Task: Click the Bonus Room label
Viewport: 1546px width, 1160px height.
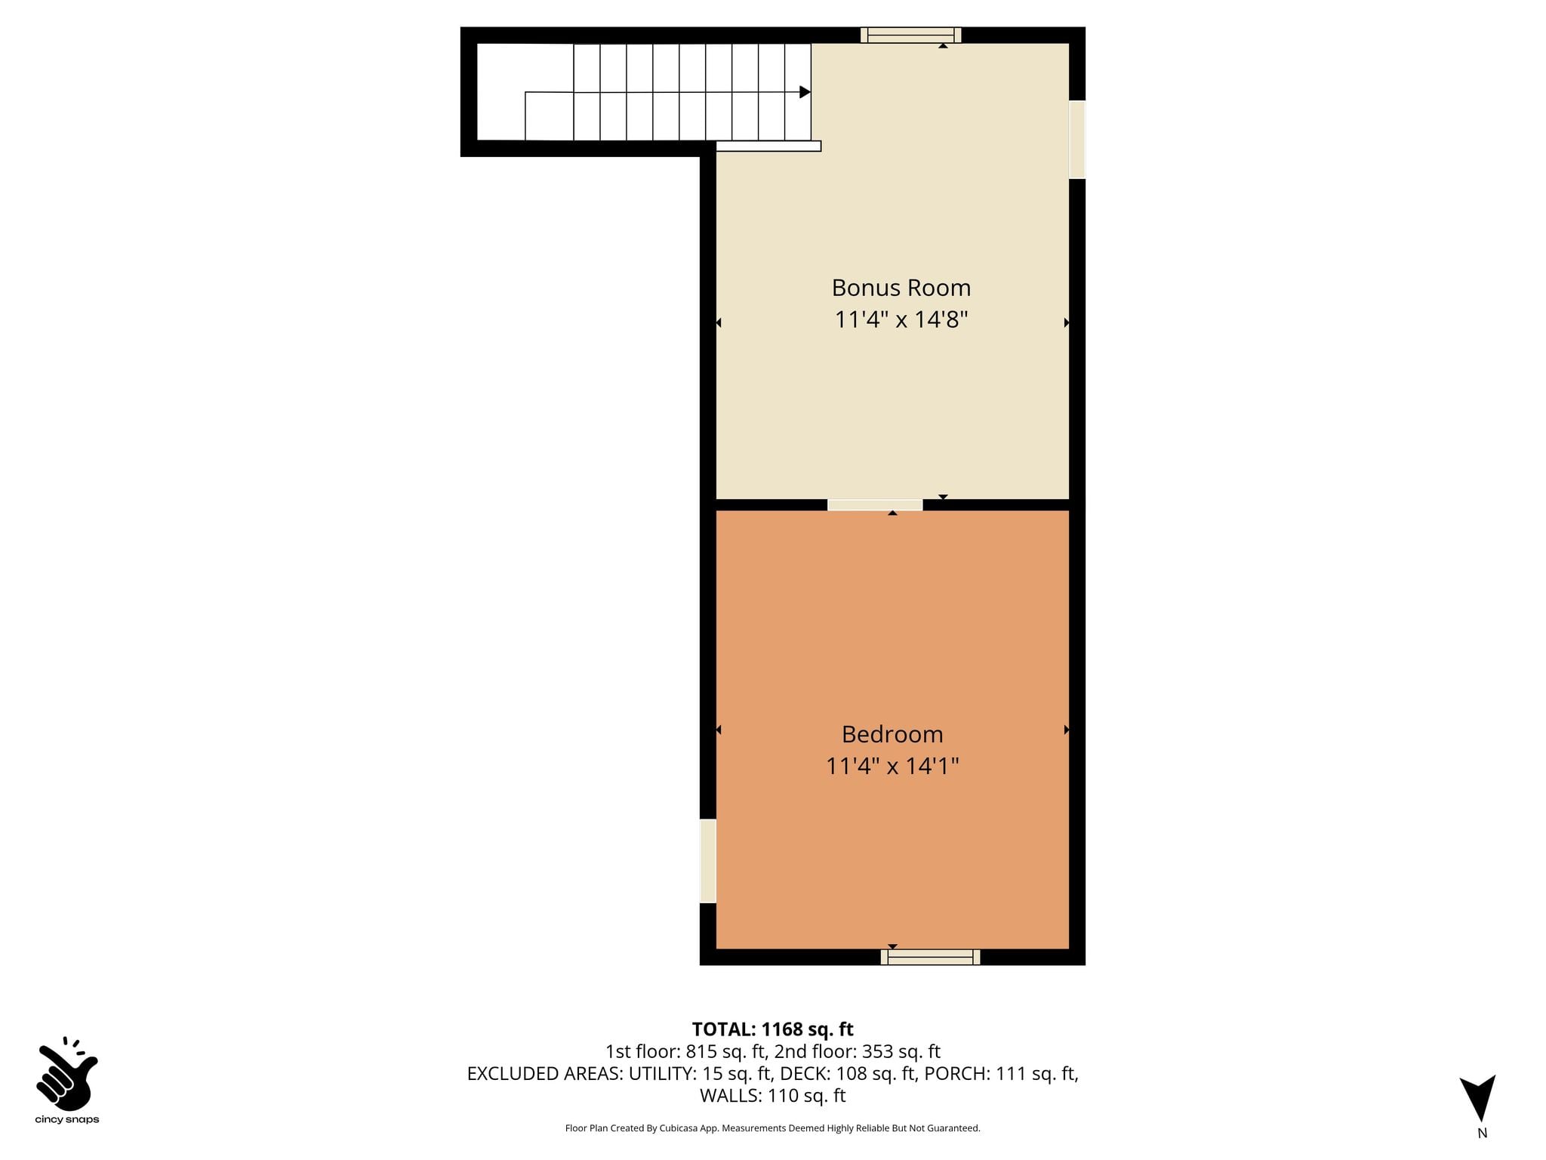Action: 901,288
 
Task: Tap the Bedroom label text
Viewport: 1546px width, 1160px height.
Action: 892,734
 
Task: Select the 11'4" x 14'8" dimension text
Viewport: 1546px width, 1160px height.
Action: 901,319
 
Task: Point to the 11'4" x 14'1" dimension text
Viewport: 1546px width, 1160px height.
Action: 892,767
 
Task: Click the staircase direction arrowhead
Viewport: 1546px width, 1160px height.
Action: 805,92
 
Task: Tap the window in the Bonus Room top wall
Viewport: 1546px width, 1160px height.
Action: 910,35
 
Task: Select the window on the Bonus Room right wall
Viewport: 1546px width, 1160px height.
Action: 1077,140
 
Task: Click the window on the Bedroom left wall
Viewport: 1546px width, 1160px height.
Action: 708,861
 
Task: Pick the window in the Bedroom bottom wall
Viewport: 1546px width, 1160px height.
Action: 930,957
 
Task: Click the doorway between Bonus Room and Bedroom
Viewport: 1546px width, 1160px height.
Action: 875,505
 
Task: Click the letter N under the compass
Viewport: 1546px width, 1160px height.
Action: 1482,1133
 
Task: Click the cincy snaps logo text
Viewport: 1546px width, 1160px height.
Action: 67,1120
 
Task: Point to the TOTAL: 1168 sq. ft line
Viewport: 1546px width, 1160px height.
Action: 772,1029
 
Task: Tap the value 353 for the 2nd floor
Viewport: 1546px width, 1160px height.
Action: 877,1051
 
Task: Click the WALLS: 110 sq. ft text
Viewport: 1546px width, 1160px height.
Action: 772,1096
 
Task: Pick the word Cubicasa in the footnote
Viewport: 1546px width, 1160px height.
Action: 678,1128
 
